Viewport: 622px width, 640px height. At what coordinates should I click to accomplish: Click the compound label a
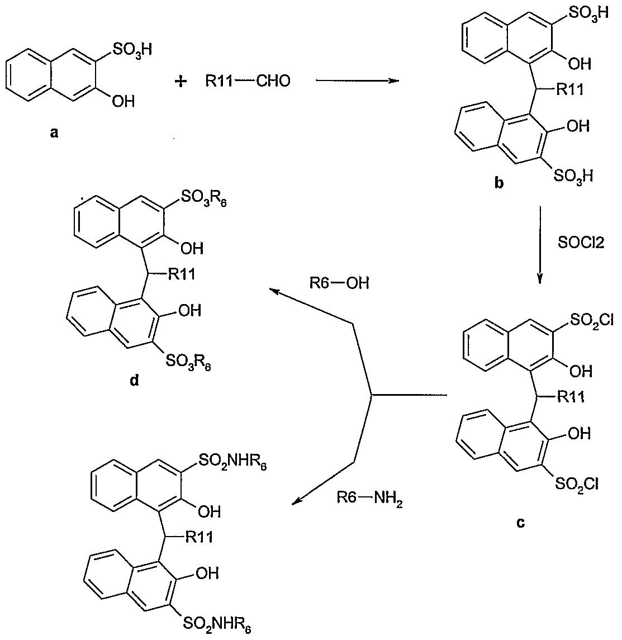[x=54, y=132]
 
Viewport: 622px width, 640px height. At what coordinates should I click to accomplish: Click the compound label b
[x=498, y=183]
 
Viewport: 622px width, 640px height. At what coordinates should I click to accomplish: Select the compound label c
[x=520, y=523]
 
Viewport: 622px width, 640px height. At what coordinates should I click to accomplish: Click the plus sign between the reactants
[x=181, y=82]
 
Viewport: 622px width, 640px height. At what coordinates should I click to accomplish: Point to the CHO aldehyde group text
[x=273, y=81]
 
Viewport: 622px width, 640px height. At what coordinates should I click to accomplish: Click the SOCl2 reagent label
[x=581, y=243]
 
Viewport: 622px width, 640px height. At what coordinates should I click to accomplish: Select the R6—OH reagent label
[x=339, y=282]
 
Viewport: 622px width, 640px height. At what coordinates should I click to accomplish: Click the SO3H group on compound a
[x=132, y=50]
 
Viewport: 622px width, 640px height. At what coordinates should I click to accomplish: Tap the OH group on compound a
[x=124, y=101]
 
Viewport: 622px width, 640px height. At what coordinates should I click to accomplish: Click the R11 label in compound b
[x=570, y=89]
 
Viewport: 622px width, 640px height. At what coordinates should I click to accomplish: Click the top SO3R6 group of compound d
[x=203, y=198]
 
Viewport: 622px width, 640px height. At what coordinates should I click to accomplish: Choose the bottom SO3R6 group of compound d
[x=188, y=361]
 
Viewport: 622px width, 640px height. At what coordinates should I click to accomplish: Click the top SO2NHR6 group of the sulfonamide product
[x=232, y=462]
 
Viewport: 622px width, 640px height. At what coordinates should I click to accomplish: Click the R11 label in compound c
[x=571, y=396]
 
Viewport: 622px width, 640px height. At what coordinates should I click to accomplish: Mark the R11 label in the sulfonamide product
[x=199, y=537]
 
